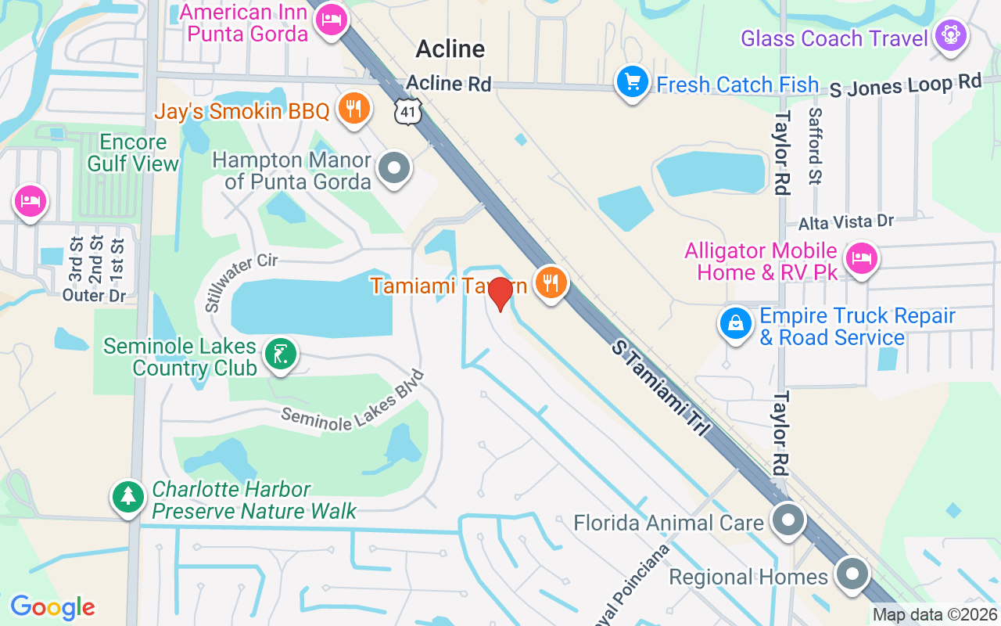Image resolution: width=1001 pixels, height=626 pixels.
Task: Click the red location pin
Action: [x=500, y=293]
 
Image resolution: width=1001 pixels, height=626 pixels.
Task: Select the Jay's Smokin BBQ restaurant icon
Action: [x=353, y=109]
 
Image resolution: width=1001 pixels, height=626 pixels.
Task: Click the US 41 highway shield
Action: [x=408, y=113]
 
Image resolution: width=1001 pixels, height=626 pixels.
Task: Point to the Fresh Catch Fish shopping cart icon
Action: [x=632, y=81]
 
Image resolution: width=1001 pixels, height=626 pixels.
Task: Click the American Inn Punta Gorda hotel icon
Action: [x=331, y=21]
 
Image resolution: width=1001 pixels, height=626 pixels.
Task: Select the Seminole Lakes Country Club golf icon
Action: [x=279, y=354]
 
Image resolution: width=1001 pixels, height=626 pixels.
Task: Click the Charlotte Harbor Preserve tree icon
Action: [x=127, y=496]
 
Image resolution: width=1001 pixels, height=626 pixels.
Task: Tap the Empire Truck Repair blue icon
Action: [x=736, y=322]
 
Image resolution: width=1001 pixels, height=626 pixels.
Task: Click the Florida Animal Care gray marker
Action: [x=788, y=520]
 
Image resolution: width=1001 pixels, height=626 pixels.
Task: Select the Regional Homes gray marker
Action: [x=851, y=574]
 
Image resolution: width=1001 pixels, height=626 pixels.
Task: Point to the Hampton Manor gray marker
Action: [x=394, y=167]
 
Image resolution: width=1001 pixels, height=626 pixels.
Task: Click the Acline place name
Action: [x=450, y=49]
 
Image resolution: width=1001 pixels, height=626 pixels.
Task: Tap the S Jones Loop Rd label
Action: [x=905, y=85]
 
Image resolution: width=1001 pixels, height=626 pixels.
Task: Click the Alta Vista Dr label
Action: [x=845, y=223]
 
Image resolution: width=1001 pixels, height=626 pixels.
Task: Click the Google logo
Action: [x=52, y=607]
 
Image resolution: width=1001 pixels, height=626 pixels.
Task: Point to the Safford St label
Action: [x=816, y=146]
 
